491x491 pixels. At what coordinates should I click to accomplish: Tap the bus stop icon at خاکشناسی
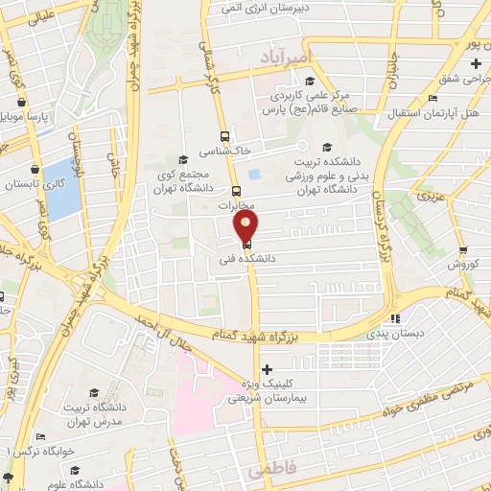click(224, 136)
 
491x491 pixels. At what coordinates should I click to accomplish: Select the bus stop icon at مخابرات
click(236, 190)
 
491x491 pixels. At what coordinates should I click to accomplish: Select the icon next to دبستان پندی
click(395, 318)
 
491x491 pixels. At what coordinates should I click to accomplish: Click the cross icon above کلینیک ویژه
click(267, 369)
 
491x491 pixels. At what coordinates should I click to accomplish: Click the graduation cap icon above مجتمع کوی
click(183, 160)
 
